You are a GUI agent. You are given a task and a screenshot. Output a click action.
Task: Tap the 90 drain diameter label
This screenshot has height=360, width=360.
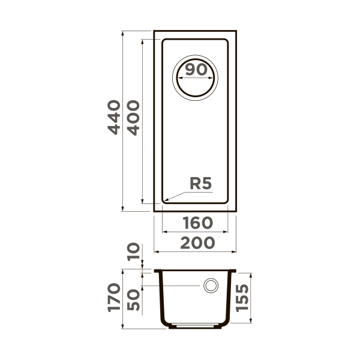[196, 70]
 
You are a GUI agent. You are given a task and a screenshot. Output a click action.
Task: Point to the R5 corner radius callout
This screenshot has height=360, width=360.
[200, 184]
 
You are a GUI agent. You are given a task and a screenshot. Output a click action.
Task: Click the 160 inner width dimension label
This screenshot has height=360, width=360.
[196, 223]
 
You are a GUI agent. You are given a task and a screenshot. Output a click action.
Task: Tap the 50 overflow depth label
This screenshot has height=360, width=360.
[133, 298]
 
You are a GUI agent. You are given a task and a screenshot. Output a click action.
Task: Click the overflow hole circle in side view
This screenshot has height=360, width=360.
[211, 286]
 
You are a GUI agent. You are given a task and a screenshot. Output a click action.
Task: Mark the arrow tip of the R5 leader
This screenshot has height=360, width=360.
[164, 200]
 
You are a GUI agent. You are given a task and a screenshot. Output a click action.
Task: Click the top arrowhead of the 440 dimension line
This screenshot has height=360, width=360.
[123, 32]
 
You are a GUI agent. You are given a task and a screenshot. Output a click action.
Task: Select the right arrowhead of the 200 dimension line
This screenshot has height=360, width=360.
[235, 251]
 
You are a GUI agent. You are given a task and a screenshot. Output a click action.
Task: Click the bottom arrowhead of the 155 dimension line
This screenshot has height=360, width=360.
[248, 323]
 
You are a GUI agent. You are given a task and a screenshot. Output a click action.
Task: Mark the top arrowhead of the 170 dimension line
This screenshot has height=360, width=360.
[123, 271]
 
